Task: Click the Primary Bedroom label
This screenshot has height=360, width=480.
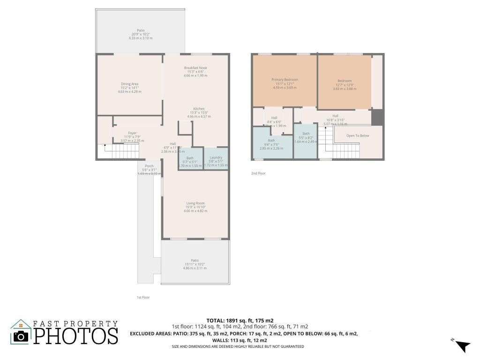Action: point(285,80)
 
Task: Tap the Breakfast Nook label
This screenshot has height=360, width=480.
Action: point(195,68)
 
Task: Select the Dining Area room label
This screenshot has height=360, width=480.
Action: point(129,84)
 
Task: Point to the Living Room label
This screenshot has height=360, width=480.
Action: point(195,203)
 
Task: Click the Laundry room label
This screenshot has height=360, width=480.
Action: point(216,157)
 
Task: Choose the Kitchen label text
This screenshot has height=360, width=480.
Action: point(199,109)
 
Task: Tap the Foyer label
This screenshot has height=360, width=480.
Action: point(132,133)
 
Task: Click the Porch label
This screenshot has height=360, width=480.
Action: point(149,166)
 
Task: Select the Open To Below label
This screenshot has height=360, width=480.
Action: point(357,135)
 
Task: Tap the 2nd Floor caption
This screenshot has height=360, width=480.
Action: point(258,173)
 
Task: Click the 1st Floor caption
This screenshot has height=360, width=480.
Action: point(143,297)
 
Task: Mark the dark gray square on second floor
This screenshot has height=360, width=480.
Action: point(377,117)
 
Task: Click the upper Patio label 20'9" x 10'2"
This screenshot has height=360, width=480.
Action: point(141,30)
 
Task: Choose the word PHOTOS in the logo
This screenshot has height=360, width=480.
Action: point(77,336)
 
